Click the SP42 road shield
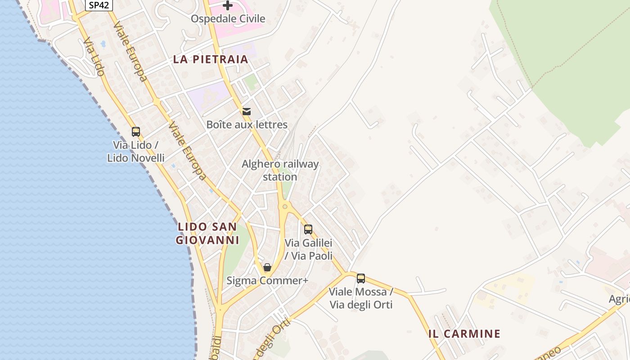coord(99,5)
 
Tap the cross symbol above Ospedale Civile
coord(228,5)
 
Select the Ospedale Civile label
coord(228,19)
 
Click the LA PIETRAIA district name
coord(211,59)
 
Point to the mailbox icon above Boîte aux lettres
coord(247,111)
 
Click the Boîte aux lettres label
coord(247,125)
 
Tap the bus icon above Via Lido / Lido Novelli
coord(136,132)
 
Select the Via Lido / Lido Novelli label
coord(136,152)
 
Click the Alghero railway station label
coord(280,171)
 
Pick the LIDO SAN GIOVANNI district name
coord(207,234)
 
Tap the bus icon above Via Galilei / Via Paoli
coord(308,229)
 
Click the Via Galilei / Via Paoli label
coord(309,249)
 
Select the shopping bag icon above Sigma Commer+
coord(267,268)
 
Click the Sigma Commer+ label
coord(267,281)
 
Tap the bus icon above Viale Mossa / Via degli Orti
coord(361,279)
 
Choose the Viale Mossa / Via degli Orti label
coord(361,298)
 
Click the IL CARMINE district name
coord(464,334)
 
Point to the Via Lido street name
coord(94,57)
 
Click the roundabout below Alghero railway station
coord(284,207)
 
